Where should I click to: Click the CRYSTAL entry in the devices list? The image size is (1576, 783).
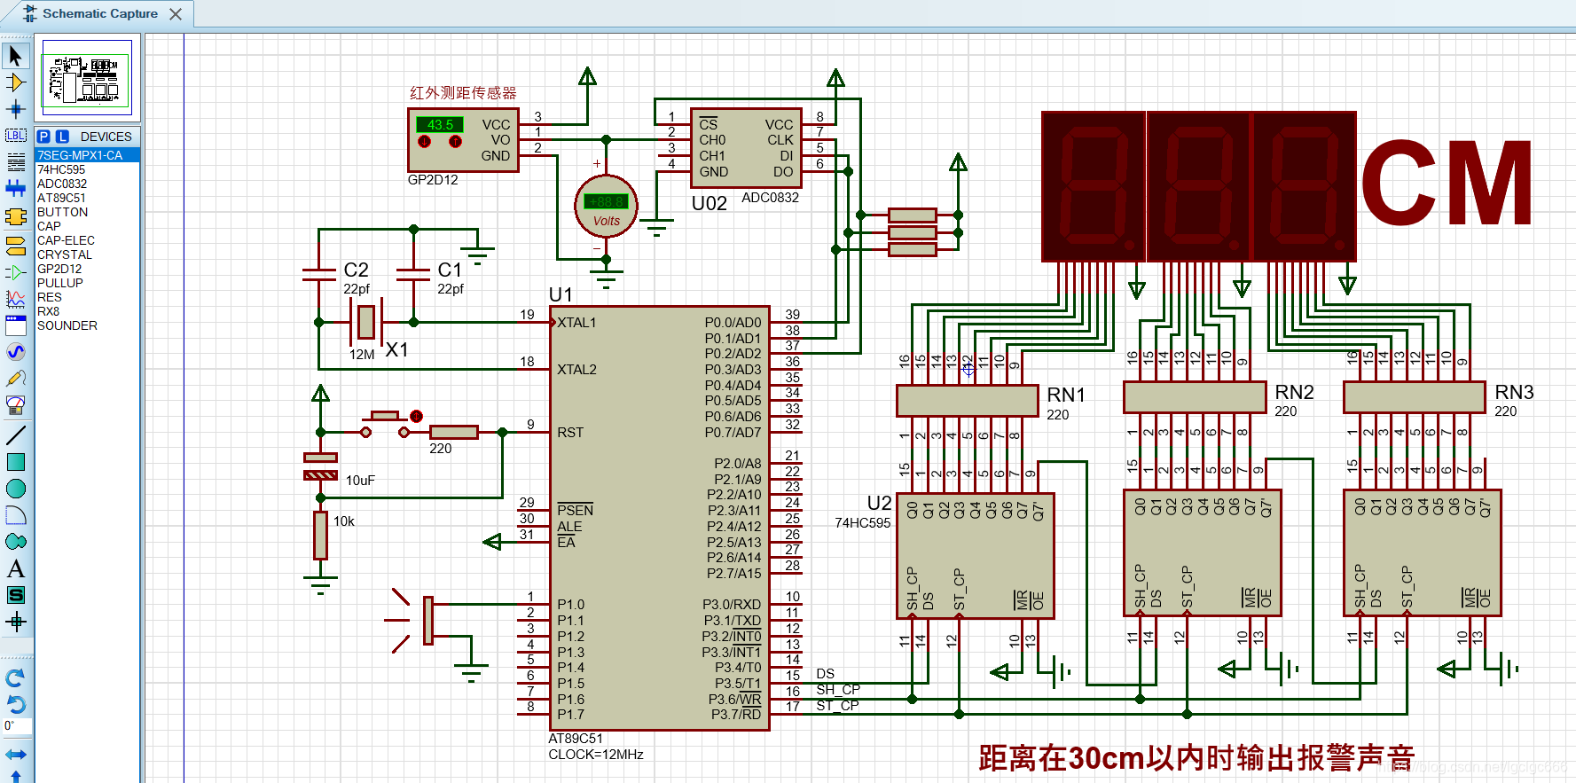coord(64,254)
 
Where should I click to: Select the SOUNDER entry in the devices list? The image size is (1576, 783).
coord(67,325)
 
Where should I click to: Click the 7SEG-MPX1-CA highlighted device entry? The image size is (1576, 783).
coord(80,155)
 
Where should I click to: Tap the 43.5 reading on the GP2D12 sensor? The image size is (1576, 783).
coord(440,125)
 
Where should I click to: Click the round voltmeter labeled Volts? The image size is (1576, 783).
coord(606,207)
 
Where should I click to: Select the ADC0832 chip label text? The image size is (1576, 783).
coord(770,198)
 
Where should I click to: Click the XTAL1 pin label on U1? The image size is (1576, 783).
coord(576,323)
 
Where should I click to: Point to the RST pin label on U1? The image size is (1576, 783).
coord(570,433)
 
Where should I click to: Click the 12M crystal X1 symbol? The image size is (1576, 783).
coord(366,322)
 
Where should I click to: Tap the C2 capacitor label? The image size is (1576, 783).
coord(356,270)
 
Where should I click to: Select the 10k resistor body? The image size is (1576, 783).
coord(320,535)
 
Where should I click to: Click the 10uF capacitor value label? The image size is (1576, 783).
coord(360,481)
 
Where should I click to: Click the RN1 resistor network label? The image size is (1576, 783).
coord(1066,395)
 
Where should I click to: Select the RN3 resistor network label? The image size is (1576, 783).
coord(1514,392)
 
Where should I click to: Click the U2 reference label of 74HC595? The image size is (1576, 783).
coord(879,503)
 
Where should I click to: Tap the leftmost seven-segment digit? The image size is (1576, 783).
coord(1094,186)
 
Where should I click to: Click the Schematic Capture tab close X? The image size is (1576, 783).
coord(176,14)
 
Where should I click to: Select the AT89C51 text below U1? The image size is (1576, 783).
coord(575,739)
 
